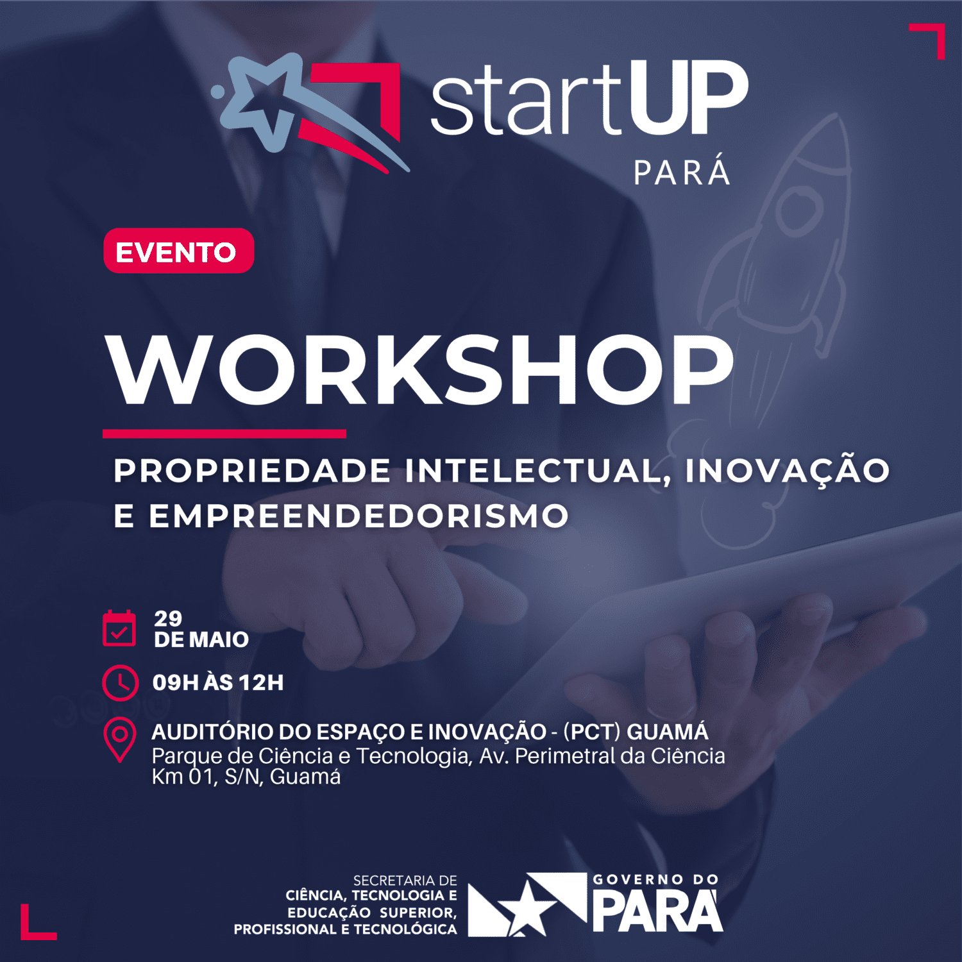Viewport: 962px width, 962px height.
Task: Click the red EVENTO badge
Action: [x=178, y=251]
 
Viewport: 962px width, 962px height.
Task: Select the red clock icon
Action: [x=120, y=683]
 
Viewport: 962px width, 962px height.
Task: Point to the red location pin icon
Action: [x=119, y=739]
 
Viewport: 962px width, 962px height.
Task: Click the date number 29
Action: [x=168, y=618]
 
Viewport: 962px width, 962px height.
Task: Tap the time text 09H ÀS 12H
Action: [x=218, y=682]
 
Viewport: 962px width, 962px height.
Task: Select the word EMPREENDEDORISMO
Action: [x=359, y=516]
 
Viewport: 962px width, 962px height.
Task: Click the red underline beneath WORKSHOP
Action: [x=224, y=434]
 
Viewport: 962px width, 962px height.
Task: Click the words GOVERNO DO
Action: [x=655, y=879]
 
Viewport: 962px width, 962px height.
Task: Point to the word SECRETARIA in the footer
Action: [x=405, y=881]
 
